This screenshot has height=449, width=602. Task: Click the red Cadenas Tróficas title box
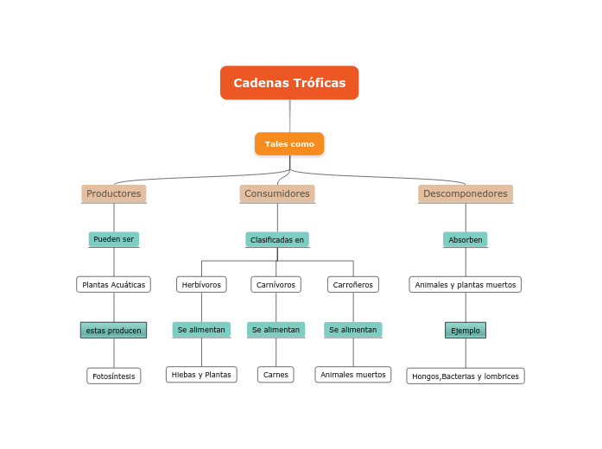click(289, 83)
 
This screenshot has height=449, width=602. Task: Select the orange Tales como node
click(289, 143)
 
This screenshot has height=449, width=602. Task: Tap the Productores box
click(114, 193)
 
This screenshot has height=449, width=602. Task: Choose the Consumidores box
click(277, 193)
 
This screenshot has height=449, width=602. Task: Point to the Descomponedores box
click(466, 193)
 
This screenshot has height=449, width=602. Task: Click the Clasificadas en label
click(277, 239)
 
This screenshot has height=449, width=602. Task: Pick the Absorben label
click(466, 239)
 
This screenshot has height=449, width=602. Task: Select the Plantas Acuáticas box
click(114, 284)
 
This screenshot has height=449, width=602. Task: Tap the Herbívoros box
click(201, 284)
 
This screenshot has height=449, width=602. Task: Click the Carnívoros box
click(276, 284)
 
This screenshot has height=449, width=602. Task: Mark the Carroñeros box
click(353, 284)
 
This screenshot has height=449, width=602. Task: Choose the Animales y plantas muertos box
click(466, 284)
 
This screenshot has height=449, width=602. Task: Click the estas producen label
click(114, 330)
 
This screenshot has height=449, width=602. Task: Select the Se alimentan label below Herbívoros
click(201, 330)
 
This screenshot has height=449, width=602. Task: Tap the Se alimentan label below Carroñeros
click(353, 330)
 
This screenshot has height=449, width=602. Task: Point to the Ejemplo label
click(466, 330)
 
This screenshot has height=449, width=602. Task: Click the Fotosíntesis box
click(114, 376)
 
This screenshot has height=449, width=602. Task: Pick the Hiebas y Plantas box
click(201, 375)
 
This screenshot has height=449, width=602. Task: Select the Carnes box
click(276, 375)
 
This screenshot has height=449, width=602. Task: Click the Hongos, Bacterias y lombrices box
click(466, 376)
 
